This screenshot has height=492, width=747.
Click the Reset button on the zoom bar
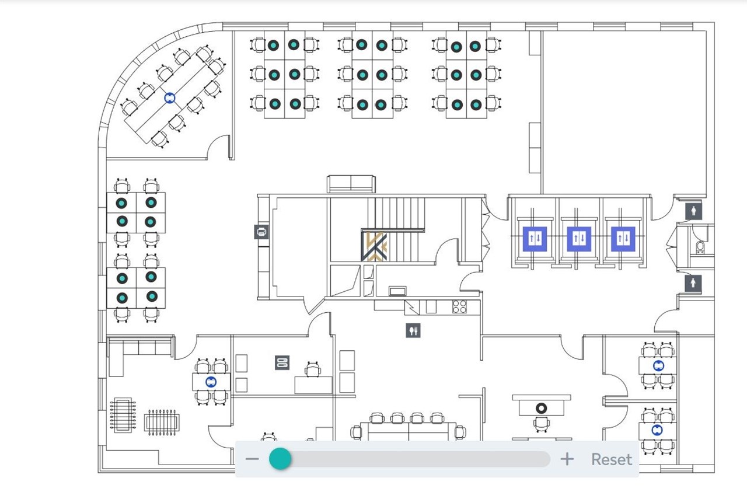[611, 459]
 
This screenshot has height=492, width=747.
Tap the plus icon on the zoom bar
[567, 459]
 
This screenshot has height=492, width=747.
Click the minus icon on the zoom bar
[252, 459]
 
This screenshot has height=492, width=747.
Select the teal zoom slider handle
[280, 459]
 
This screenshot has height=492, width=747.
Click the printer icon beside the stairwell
[262, 232]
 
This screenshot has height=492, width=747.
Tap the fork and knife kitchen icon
[413, 330]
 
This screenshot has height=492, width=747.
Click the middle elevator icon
[579, 239]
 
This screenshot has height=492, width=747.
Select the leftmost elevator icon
[535, 239]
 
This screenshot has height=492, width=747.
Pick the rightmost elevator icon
[623, 239]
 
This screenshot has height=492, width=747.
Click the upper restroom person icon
[694, 211]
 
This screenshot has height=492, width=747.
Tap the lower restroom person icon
[693, 283]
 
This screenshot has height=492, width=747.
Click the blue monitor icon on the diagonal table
[170, 97]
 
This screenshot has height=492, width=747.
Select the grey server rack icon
[282, 362]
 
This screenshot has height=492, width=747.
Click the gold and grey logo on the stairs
[374, 246]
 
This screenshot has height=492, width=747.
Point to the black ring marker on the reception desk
[541, 408]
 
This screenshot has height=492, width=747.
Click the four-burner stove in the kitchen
[459, 307]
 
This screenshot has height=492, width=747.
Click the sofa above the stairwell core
[351, 184]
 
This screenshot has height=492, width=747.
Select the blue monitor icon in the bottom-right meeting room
[657, 430]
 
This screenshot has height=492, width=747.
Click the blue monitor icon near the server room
[211, 382]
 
